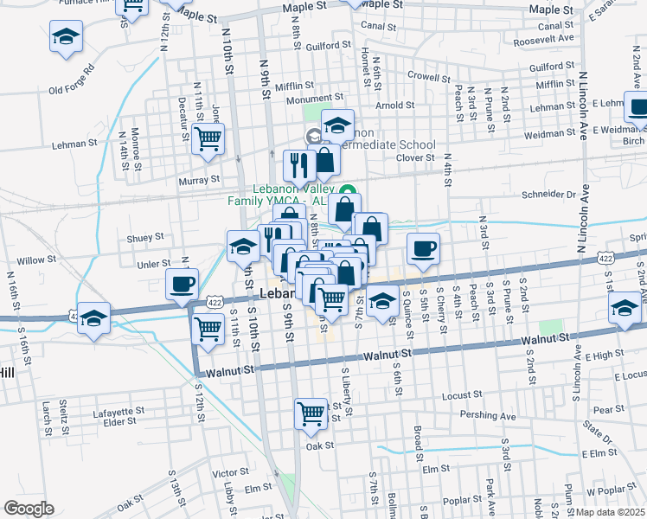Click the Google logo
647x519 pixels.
tap(29, 509)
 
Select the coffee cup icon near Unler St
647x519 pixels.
tap(183, 284)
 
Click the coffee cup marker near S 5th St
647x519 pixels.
tap(423, 249)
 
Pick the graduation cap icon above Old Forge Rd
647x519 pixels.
tap(66, 38)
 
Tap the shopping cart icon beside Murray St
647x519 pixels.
tap(208, 138)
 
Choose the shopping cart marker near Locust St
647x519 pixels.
tap(311, 413)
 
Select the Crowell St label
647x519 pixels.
tap(425, 76)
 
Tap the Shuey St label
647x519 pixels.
tap(145, 237)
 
